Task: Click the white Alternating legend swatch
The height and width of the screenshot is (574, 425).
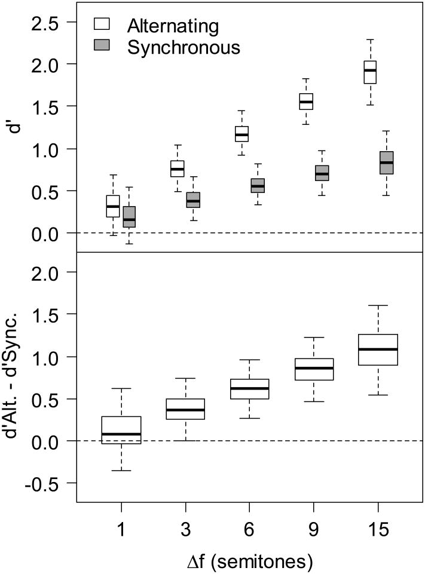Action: [102, 24]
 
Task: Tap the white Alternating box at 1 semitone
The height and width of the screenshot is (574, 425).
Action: [113, 206]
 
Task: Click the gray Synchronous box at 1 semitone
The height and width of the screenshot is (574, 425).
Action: [129, 217]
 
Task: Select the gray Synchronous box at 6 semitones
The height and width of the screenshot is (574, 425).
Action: [258, 186]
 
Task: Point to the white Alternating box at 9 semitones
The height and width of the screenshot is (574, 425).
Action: [306, 102]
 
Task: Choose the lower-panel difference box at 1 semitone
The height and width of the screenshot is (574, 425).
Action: [121, 430]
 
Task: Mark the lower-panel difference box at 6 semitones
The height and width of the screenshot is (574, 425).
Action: [249, 389]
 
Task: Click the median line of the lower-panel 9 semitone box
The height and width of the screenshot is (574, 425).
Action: [314, 368]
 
